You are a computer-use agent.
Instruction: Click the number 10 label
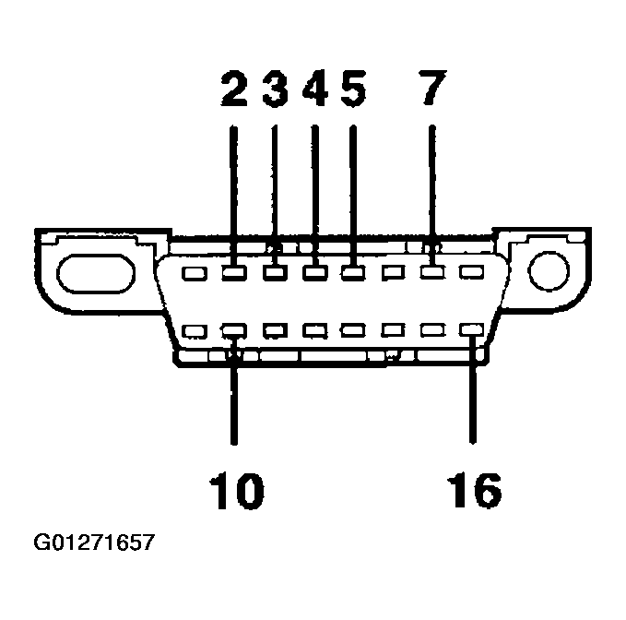pos(234,490)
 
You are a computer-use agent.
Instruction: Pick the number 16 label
pos(475,490)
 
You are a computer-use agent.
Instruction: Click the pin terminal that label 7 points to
pos(431,273)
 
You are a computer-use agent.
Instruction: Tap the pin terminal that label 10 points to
pos(234,329)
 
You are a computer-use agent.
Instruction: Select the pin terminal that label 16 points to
pos(473,329)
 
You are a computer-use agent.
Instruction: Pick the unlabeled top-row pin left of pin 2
pos(195,273)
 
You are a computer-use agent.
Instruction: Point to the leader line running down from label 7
pos(431,185)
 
